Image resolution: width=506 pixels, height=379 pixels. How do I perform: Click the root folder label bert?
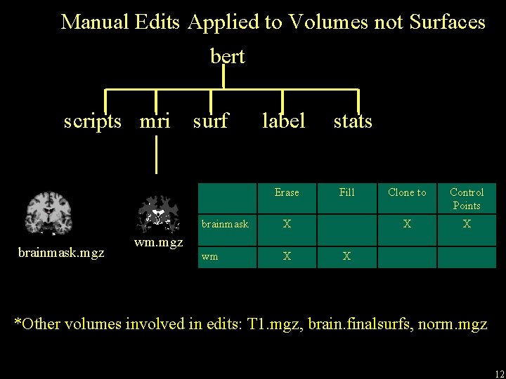pyautogui.click(x=228, y=56)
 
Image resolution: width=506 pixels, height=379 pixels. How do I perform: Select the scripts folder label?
pyautogui.click(x=92, y=121)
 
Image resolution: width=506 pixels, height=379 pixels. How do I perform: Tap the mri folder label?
pyautogui.click(x=155, y=121)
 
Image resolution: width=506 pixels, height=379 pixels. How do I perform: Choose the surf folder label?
pyautogui.click(x=210, y=121)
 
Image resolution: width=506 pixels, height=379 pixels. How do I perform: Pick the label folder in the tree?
pyautogui.click(x=283, y=121)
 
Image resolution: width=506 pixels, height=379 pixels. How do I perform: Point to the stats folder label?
pyautogui.click(x=353, y=121)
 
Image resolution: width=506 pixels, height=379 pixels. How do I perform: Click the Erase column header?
pyautogui.click(x=287, y=192)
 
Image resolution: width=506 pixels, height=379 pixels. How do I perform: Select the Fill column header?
pyautogui.click(x=346, y=192)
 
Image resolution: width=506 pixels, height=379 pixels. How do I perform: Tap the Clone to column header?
pyautogui.click(x=407, y=192)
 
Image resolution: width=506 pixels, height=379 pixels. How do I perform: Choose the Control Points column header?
pyautogui.click(x=467, y=199)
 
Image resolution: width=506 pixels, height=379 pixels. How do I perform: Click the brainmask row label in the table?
pyautogui.click(x=225, y=225)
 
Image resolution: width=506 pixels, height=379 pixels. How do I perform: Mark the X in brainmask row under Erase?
pyautogui.click(x=287, y=225)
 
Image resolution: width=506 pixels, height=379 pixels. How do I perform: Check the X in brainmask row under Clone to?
pyautogui.click(x=407, y=225)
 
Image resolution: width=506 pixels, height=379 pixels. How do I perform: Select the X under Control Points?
pyautogui.click(x=467, y=225)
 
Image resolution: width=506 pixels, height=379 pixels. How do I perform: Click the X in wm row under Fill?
pyautogui.click(x=346, y=256)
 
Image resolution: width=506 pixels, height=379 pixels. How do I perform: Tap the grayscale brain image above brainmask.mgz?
pyautogui.click(x=48, y=213)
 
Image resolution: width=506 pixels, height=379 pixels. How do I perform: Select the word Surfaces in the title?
pyautogui.click(x=446, y=22)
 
